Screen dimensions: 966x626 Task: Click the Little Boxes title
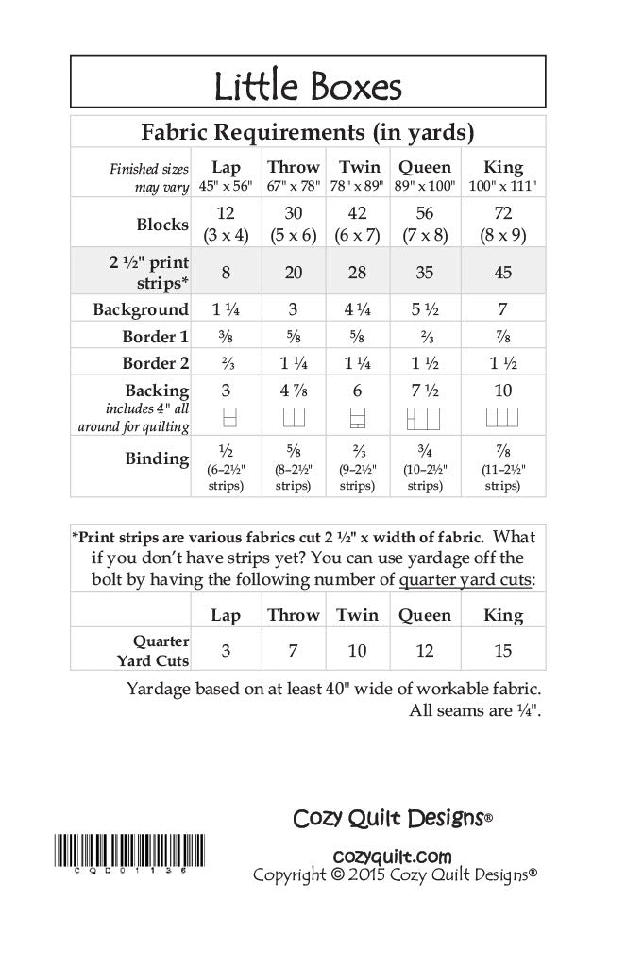[307, 88]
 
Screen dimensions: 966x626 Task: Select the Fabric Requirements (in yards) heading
[307, 130]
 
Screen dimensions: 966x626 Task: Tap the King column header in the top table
[502, 167]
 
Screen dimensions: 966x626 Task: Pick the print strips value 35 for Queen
[424, 272]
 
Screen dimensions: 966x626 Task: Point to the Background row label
[141, 309]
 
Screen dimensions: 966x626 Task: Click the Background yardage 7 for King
[502, 309]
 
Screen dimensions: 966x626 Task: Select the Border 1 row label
[148, 337]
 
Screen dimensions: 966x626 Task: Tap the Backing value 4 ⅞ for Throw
[292, 391]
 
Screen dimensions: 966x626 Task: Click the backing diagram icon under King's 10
[502, 416]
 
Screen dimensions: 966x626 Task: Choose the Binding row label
[157, 458]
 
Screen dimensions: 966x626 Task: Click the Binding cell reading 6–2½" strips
[226, 477]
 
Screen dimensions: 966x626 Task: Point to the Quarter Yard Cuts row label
[157, 651]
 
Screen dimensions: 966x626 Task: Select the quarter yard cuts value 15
[502, 651]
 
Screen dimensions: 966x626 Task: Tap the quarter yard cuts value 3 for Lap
[226, 651]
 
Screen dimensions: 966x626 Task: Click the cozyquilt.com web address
[393, 856]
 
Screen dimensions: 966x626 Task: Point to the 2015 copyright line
[395, 875]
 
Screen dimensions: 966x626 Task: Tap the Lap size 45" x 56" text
[226, 187]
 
